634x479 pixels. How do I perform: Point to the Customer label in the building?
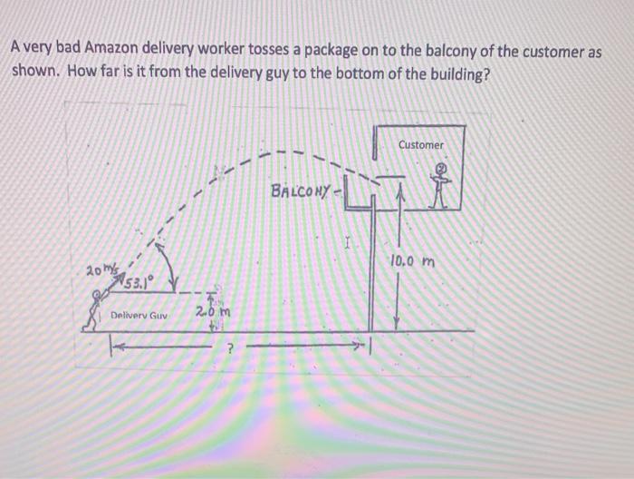(421, 145)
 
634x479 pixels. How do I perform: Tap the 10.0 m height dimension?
(414, 263)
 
